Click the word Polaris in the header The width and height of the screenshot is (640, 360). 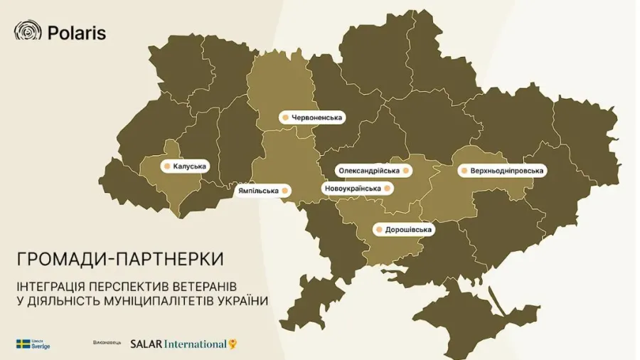pyautogui.click(x=77, y=32)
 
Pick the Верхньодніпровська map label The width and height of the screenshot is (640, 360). pyautogui.click(x=503, y=171)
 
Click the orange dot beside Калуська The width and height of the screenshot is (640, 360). pyautogui.click(x=166, y=166)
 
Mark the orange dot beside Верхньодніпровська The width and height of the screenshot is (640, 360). pyautogui.click(x=464, y=171)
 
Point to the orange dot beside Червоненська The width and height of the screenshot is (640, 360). pyautogui.click(x=284, y=117)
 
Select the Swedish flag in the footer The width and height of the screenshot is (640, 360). pyautogui.click(x=23, y=344)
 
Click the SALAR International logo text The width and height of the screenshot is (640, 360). pyautogui.click(x=178, y=344)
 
